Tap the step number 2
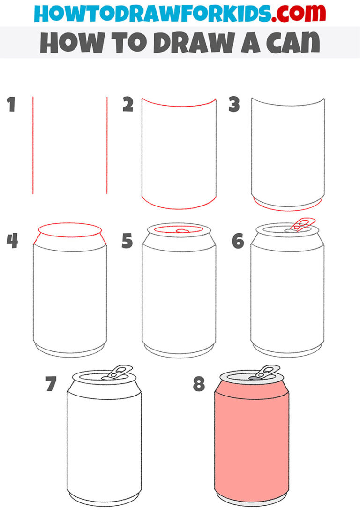coord(127,105)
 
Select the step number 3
coord(234,105)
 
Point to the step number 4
coord(13,241)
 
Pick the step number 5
coord(127,241)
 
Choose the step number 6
coord(238,241)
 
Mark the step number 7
coord(51,384)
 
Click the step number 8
coord(199,384)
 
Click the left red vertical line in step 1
coord(33,145)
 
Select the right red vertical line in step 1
coord(107,145)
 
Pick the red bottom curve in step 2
coord(179,207)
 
